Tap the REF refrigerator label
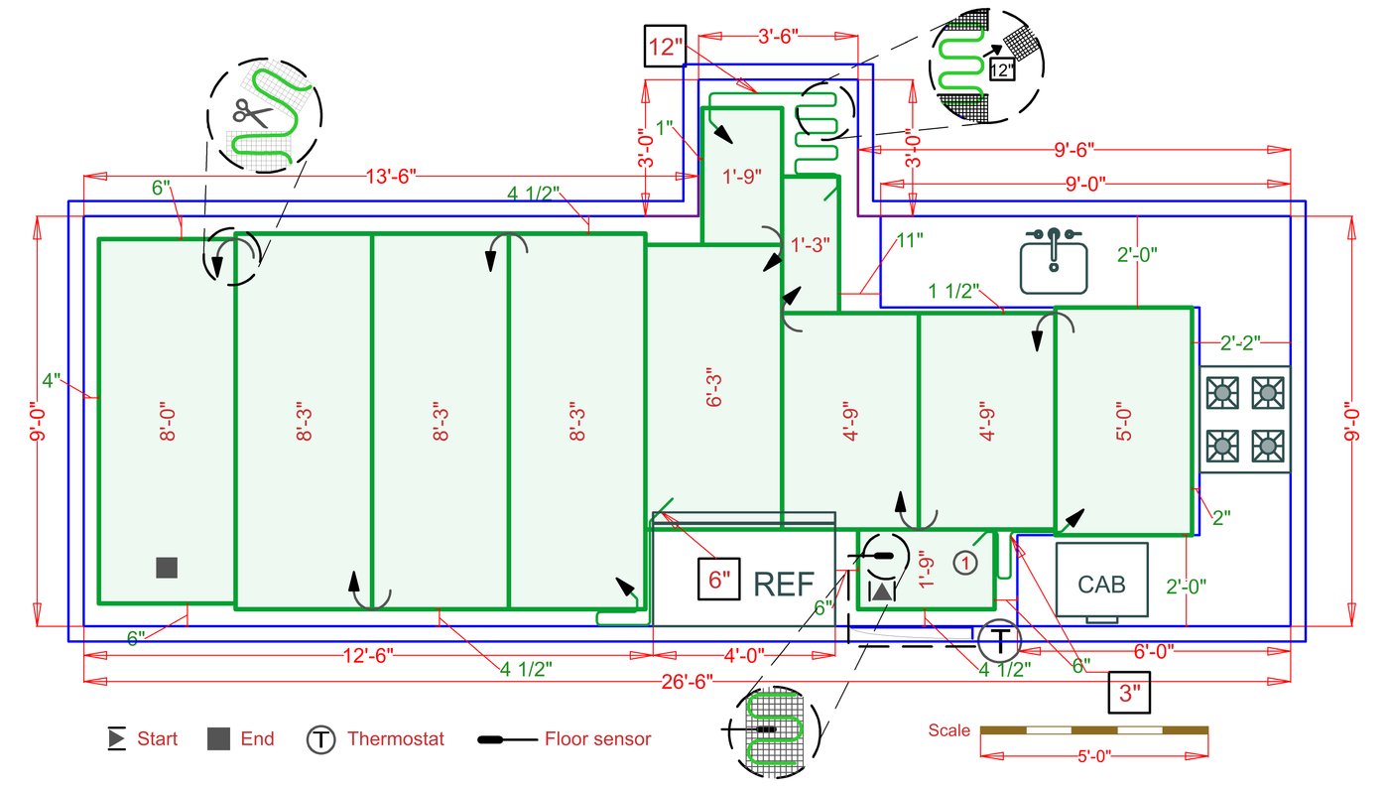784,584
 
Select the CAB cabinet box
1101,583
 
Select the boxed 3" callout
1130,693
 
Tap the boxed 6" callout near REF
720,578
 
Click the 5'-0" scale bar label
1093,756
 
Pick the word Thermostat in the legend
395,739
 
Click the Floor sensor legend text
597,739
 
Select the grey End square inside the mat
167,568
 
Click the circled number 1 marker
965,563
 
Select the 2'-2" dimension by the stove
1240,343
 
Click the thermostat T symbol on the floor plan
1000,640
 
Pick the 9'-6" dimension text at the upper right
1073,151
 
